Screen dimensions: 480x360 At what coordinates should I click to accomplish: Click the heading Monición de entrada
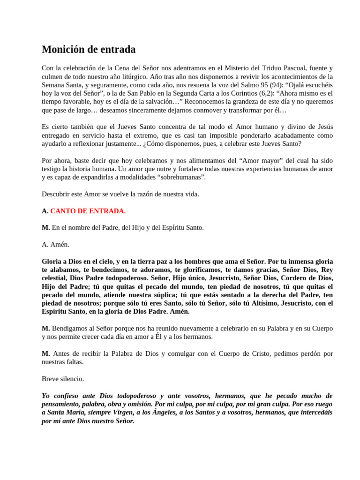tap(89, 49)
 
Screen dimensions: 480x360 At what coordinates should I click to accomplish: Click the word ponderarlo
tap(252, 135)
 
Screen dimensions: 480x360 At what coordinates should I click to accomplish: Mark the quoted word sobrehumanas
tap(181, 177)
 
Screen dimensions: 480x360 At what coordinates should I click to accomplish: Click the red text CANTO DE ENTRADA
tap(88, 211)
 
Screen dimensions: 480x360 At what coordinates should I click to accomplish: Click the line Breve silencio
tap(63, 379)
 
